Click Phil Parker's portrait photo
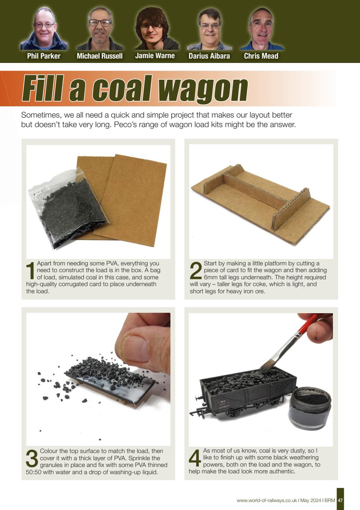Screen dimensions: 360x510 [43, 28]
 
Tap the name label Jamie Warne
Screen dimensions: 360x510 [155, 56]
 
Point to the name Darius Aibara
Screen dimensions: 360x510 [209, 56]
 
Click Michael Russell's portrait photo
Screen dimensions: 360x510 [100, 28]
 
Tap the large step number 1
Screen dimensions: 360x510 [30, 271]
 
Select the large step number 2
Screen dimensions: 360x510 [196, 271]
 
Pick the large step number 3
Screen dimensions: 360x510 [32, 458]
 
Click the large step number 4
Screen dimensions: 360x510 [195, 458]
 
